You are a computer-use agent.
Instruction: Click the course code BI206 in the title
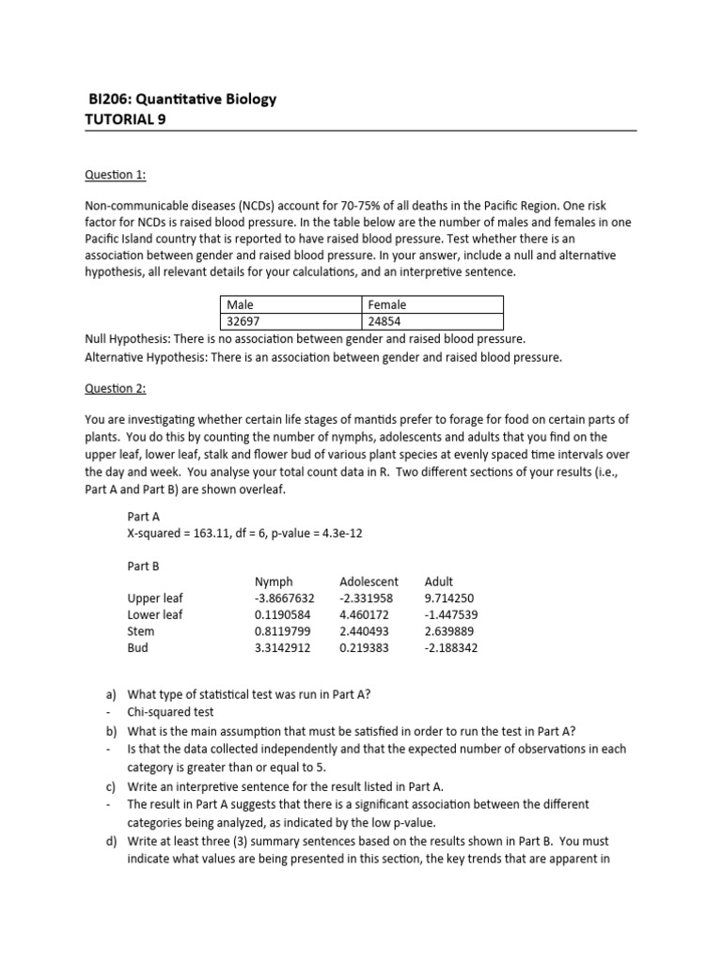point(108,100)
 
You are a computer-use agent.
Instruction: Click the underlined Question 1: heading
point(115,175)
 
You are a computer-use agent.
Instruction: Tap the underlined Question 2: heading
point(115,388)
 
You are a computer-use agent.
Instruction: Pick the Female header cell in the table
point(387,305)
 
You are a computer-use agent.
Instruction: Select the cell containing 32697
point(243,322)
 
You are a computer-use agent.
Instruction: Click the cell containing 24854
point(388,322)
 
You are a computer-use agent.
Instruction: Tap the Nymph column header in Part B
point(274,582)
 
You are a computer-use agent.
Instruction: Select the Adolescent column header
point(369,582)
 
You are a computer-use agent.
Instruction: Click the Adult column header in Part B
point(439,582)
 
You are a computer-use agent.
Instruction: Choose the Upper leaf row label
point(155,597)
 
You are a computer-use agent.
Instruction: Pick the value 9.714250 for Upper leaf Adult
point(450,597)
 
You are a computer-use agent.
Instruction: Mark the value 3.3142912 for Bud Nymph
point(285,648)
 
